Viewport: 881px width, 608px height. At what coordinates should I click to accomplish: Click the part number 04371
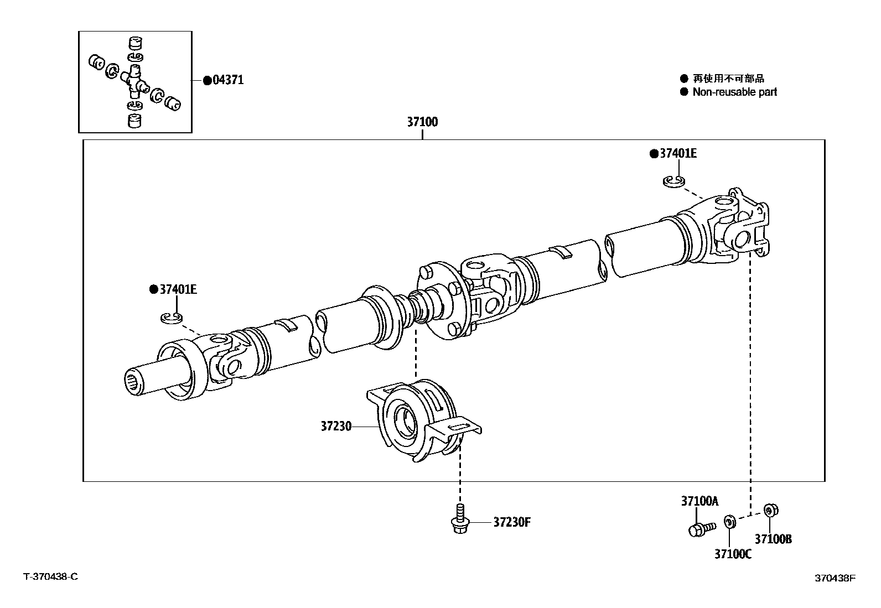tap(228, 80)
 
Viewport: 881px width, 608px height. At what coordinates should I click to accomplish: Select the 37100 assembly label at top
tap(422, 122)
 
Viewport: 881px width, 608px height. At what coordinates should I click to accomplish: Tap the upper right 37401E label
tap(678, 153)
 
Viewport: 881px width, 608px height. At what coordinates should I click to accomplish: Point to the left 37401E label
tap(178, 289)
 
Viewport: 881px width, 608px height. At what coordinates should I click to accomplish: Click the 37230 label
tap(336, 427)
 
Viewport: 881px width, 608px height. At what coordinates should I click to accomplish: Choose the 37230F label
tap(512, 522)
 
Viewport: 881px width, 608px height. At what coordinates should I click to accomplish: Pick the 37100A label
tap(699, 501)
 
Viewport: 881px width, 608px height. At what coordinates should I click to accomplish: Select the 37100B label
tap(773, 539)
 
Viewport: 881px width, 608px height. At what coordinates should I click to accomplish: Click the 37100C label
tap(733, 554)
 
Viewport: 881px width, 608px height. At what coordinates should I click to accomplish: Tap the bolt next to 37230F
tap(459, 519)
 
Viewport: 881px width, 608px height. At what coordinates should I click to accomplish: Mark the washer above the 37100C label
tap(729, 521)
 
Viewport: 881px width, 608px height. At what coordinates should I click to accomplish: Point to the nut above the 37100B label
tap(769, 510)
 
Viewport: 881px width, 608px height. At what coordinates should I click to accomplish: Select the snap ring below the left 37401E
tap(171, 317)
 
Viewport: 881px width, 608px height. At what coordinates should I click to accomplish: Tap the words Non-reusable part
tap(735, 92)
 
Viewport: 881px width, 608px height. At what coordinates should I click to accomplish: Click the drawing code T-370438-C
tap(50, 576)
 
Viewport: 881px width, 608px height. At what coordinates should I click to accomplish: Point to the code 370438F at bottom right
tap(835, 578)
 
